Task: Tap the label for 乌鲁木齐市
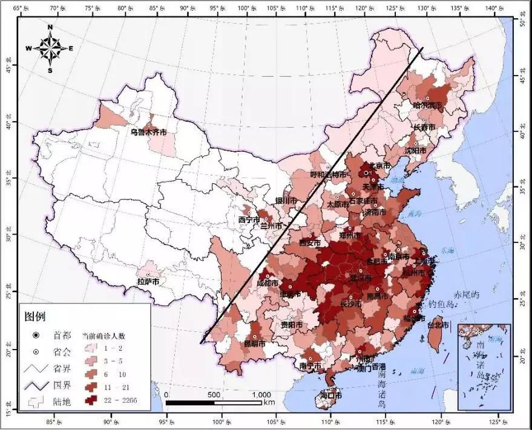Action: (x=148, y=131)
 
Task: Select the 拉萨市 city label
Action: (x=148, y=281)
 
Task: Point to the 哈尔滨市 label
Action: (x=428, y=105)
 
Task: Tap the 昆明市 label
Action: (x=255, y=344)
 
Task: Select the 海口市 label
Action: (x=330, y=395)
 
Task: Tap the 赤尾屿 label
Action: (x=467, y=294)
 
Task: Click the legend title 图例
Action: (x=34, y=316)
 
